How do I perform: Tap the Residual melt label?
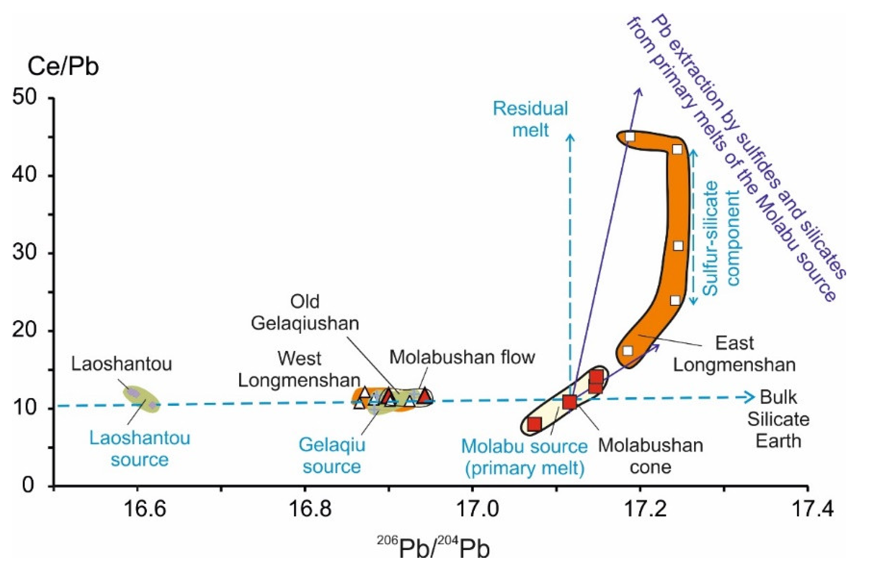[x=530, y=119]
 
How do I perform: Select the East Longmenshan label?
[x=734, y=354]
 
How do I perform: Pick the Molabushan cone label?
[x=650, y=456]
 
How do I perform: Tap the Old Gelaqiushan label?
[x=305, y=312]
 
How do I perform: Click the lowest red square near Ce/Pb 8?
[x=535, y=424]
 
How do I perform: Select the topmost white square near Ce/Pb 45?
[x=630, y=137]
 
